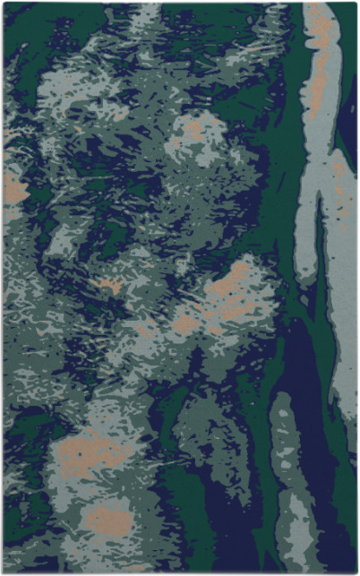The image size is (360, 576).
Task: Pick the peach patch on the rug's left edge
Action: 13,188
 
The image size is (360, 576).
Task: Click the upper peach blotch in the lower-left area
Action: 90,448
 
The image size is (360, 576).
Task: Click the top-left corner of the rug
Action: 4,4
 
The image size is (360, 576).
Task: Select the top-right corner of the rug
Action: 356,4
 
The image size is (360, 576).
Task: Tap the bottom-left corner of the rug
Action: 4,572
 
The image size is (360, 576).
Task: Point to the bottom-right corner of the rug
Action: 356,572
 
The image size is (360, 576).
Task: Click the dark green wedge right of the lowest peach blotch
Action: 179,529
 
